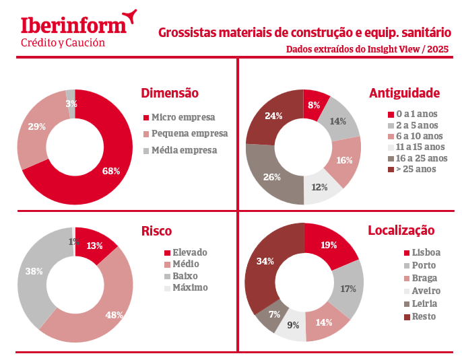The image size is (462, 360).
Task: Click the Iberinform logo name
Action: [x=73, y=26]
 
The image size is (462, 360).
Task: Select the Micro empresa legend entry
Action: [x=184, y=117]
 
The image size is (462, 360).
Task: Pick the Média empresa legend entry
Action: [x=184, y=149]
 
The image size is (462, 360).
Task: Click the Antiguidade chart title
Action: [x=404, y=93]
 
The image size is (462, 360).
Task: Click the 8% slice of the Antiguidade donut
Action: [x=314, y=105]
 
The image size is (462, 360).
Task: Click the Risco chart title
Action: [x=156, y=231]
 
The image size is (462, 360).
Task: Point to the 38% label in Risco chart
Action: [x=34, y=271]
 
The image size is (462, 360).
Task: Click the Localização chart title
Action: [x=401, y=231]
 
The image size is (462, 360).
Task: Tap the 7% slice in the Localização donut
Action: [x=273, y=315]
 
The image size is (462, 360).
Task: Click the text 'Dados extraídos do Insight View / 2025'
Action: [x=367, y=49]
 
